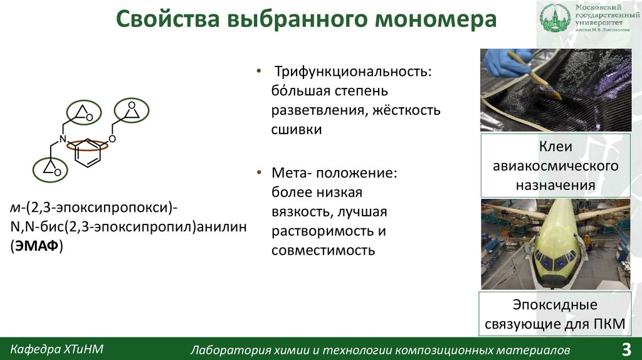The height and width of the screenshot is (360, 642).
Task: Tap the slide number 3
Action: point(626,349)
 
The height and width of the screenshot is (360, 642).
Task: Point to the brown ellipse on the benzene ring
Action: point(88,144)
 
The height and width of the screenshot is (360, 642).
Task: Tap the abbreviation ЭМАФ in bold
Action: point(40,246)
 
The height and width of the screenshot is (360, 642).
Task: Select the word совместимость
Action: point(323,250)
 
